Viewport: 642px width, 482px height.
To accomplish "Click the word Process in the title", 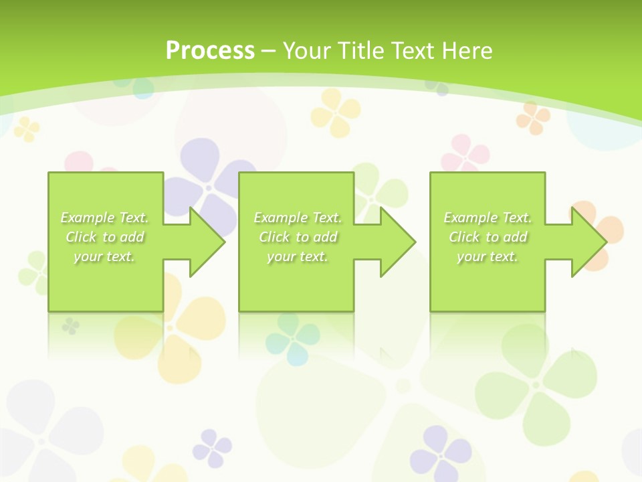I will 210,50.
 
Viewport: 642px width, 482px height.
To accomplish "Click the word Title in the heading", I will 358,50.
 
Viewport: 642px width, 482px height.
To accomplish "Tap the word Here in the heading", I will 467,50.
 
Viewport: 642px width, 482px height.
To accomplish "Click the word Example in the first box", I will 87,218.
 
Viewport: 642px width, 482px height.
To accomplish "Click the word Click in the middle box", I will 274,237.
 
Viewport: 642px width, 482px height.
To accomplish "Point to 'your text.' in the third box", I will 488,256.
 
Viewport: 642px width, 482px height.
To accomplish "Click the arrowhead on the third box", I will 595,242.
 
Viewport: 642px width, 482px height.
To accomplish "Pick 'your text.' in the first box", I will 104,256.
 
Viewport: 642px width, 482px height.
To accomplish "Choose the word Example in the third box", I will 470,218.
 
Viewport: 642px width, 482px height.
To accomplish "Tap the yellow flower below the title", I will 336,111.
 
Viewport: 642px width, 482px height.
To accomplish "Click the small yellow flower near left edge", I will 27,129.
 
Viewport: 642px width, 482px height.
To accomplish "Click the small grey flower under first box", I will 70,326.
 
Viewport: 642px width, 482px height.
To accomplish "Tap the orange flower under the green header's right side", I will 533,117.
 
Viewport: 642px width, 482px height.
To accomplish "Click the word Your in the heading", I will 304,50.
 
